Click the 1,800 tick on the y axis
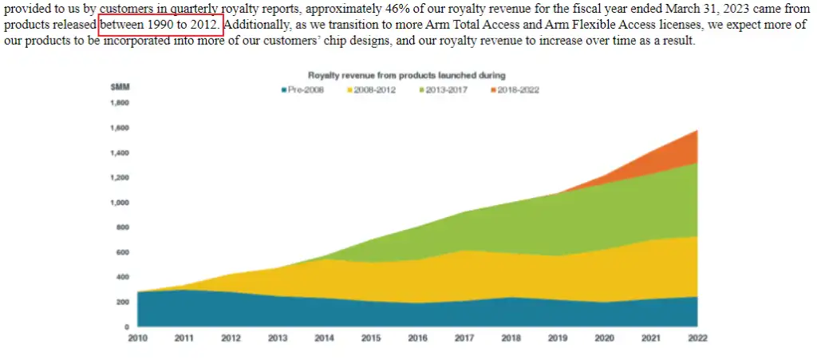119,102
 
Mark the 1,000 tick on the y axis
119,202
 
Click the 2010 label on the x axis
137,338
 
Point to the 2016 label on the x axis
416,338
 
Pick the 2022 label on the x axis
697,338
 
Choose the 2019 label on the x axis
557,338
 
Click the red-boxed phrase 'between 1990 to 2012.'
160,24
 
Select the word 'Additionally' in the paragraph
257,24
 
